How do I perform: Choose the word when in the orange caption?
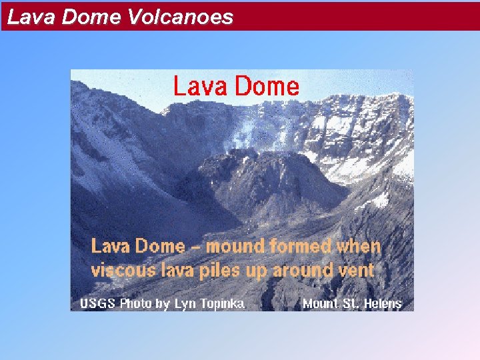359,246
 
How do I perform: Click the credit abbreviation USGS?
98,304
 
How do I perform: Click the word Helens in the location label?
382,304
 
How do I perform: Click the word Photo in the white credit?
137,304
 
